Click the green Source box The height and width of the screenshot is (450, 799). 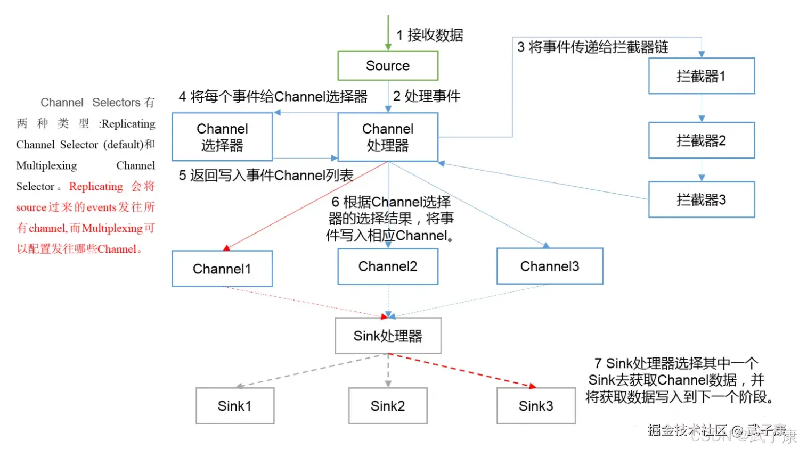tap(387, 65)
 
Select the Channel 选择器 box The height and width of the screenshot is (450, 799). tap(222, 137)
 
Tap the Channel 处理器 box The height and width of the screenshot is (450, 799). tap(387, 137)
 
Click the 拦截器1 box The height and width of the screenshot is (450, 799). tap(701, 76)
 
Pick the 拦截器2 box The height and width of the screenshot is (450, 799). tap(701, 140)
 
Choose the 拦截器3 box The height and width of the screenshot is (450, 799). tap(701, 199)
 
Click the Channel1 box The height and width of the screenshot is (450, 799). tap(222, 269)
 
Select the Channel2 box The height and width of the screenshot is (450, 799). tap(387, 266)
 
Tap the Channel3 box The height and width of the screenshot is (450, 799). tap(549, 266)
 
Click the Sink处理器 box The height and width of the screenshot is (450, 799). tap(387, 336)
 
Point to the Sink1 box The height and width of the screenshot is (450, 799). tap(234, 406)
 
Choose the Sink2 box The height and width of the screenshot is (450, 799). tap(387, 406)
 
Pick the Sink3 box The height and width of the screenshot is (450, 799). tap(535, 406)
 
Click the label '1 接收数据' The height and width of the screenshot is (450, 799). tap(430, 35)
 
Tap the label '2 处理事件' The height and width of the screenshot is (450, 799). tap(427, 96)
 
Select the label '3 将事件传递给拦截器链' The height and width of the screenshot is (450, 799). tap(592, 47)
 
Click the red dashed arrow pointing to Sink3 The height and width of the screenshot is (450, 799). tap(463, 370)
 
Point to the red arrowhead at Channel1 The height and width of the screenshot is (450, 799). tap(227, 248)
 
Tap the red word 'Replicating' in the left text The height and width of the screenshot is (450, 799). tap(96, 186)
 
